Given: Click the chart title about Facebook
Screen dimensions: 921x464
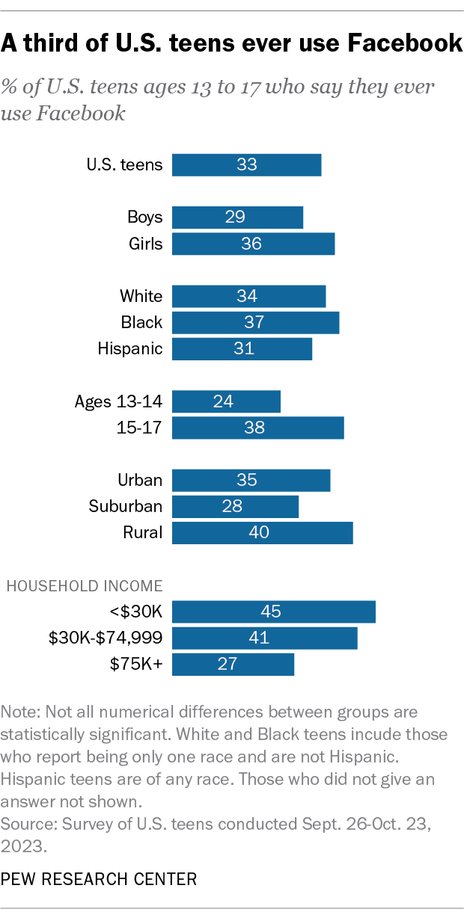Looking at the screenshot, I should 231,44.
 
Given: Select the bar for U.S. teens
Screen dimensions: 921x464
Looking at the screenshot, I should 246,164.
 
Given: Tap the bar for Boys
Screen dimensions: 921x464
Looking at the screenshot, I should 237,218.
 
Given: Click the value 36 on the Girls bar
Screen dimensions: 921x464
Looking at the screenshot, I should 251,244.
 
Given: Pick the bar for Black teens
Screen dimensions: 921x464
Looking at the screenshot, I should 255,322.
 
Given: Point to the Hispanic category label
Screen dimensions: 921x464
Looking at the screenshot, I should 129,348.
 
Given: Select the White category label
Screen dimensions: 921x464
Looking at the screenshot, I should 141,296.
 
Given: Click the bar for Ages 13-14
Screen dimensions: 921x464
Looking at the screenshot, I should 226,401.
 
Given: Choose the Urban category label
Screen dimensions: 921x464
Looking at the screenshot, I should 140,480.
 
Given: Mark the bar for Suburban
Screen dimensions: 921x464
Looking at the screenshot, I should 235,506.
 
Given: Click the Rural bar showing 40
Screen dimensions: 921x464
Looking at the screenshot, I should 262,532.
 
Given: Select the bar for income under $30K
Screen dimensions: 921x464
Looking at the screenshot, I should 273,612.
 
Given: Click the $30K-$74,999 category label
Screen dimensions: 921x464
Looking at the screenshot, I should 106,638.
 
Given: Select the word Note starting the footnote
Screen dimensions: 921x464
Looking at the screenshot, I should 18,712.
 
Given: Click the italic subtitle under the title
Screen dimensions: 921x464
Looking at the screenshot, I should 217,100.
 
